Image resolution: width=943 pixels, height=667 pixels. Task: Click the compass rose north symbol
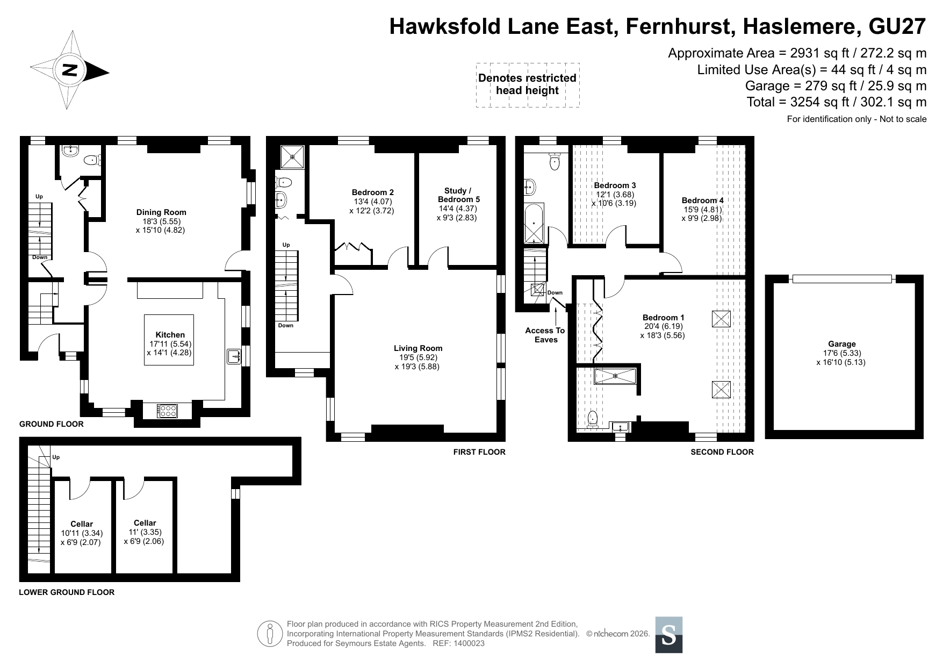[70, 70]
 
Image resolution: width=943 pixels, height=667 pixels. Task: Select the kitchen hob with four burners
[168, 411]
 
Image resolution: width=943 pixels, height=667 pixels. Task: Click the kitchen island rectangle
[169, 340]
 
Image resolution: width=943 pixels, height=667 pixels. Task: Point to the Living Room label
[418, 348]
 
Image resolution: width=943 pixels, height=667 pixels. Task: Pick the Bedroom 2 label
[373, 192]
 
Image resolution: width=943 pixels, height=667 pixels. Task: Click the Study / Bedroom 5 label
[458, 195]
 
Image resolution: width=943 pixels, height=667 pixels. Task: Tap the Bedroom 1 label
[663, 318]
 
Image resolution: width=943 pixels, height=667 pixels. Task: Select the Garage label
[842, 344]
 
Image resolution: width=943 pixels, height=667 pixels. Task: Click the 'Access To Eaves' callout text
[545, 335]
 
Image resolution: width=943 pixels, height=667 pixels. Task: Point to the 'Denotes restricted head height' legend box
[527, 84]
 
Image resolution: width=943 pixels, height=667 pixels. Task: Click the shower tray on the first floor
[293, 157]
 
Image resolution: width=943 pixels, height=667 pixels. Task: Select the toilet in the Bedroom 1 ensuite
[592, 419]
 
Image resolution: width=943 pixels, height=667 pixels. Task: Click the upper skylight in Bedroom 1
[721, 319]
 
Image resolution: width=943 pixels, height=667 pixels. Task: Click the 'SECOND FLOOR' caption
[722, 452]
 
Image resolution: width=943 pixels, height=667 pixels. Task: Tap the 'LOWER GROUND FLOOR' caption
[67, 592]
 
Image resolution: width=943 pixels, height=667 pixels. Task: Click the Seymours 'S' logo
[669, 635]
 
